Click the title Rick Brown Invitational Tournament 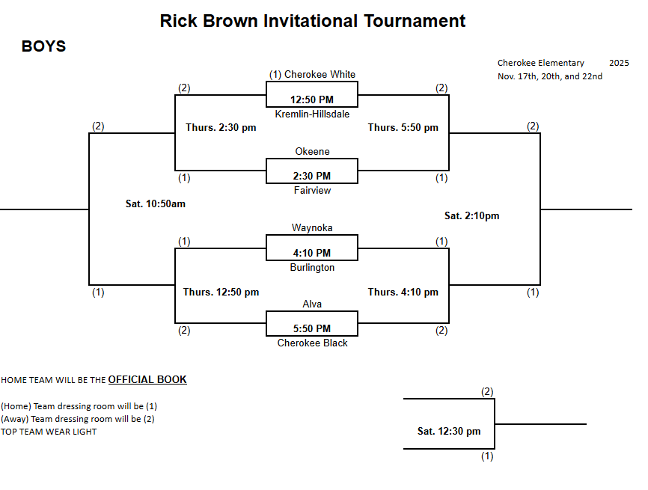(x=313, y=21)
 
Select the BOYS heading (x=43, y=47)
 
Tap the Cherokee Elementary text (x=540, y=63)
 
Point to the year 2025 (x=619, y=63)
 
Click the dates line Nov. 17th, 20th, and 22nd (x=550, y=76)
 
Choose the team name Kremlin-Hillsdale (x=312, y=114)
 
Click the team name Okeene (x=312, y=152)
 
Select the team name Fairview (x=312, y=191)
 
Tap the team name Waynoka (x=312, y=228)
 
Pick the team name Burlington (x=312, y=267)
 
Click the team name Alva (x=312, y=304)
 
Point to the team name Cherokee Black (x=312, y=343)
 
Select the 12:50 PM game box (x=312, y=96)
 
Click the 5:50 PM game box (x=312, y=324)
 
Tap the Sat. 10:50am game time (x=156, y=203)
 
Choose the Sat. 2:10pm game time (x=471, y=216)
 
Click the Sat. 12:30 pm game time (x=449, y=432)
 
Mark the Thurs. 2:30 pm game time (x=221, y=128)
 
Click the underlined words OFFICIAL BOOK (x=147, y=380)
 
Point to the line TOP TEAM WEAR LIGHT (x=49, y=432)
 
